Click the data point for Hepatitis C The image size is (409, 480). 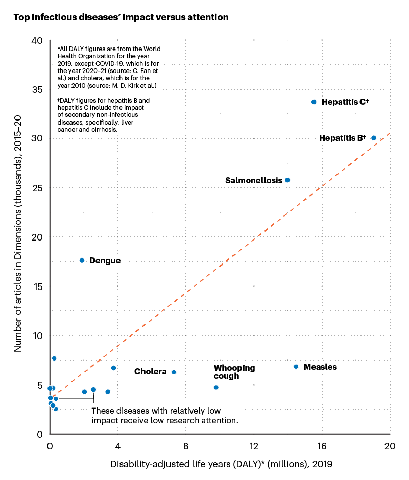tap(314, 102)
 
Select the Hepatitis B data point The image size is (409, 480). tap(374, 138)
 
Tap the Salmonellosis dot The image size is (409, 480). tap(287, 180)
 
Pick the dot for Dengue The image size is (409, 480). tap(82, 260)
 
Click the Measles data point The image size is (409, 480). tap(296, 367)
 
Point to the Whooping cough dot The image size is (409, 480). tap(216, 387)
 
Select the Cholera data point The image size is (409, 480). tap(174, 372)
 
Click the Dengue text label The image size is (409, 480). tap(105, 261)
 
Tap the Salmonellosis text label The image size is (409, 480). tap(253, 181)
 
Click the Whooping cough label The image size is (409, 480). tap(234, 372)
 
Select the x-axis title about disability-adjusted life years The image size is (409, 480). tap(221, 465)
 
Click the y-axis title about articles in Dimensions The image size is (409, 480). tap(18, 236)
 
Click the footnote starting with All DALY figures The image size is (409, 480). tap(109, 67)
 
